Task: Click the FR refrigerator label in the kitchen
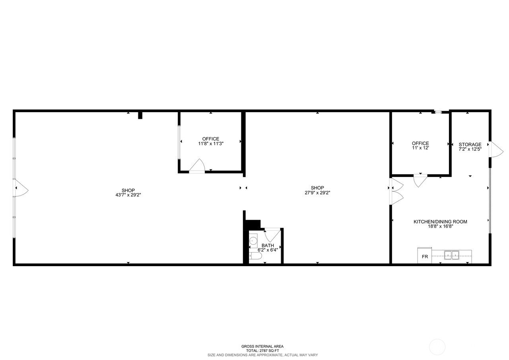[425, 257]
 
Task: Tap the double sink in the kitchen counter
[451, 255]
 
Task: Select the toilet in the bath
[255, 256]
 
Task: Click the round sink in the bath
[253, 240]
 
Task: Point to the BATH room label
[268, 245]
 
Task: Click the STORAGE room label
[470, 144]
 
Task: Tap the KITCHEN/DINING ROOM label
[440, 222]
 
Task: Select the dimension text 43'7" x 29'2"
[128, 195]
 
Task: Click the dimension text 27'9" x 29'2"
[317, 193]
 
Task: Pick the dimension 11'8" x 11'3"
[211, 144]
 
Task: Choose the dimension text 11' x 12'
[420, 148]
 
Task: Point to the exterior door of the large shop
[21, 188]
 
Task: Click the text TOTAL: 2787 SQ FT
[262, 350]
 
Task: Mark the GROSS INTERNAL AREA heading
[262, 346]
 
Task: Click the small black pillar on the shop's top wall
[140, 115]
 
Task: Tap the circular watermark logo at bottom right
[437, 347]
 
